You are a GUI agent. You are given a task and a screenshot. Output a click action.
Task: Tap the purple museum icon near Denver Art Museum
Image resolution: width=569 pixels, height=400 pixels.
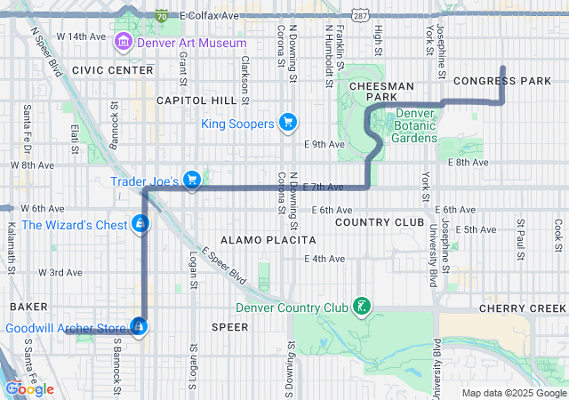[124, 42]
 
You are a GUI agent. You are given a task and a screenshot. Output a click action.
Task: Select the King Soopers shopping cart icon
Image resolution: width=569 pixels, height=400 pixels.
[287, 123]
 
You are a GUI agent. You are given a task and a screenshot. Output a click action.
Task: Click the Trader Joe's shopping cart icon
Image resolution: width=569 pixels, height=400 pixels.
[192, 180]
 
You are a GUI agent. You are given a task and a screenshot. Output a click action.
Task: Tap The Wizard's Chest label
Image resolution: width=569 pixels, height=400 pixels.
[74, 225]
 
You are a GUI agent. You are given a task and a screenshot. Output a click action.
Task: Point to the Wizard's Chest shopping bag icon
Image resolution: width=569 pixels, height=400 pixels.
[140, 224]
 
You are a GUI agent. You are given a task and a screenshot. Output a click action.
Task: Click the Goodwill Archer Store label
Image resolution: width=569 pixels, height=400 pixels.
[68, 328]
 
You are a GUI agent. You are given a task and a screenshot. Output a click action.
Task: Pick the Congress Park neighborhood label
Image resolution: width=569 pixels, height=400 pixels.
[502, 81]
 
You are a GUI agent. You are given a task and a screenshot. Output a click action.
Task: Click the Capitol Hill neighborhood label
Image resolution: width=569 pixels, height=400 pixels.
[194, 101]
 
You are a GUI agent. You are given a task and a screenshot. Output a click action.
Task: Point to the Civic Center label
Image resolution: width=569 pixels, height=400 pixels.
[100, 69]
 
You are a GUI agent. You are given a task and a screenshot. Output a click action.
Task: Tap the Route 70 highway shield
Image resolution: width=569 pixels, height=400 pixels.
[161, 16]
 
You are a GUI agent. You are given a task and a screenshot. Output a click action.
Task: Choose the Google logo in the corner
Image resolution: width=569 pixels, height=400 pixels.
[30, 388]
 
